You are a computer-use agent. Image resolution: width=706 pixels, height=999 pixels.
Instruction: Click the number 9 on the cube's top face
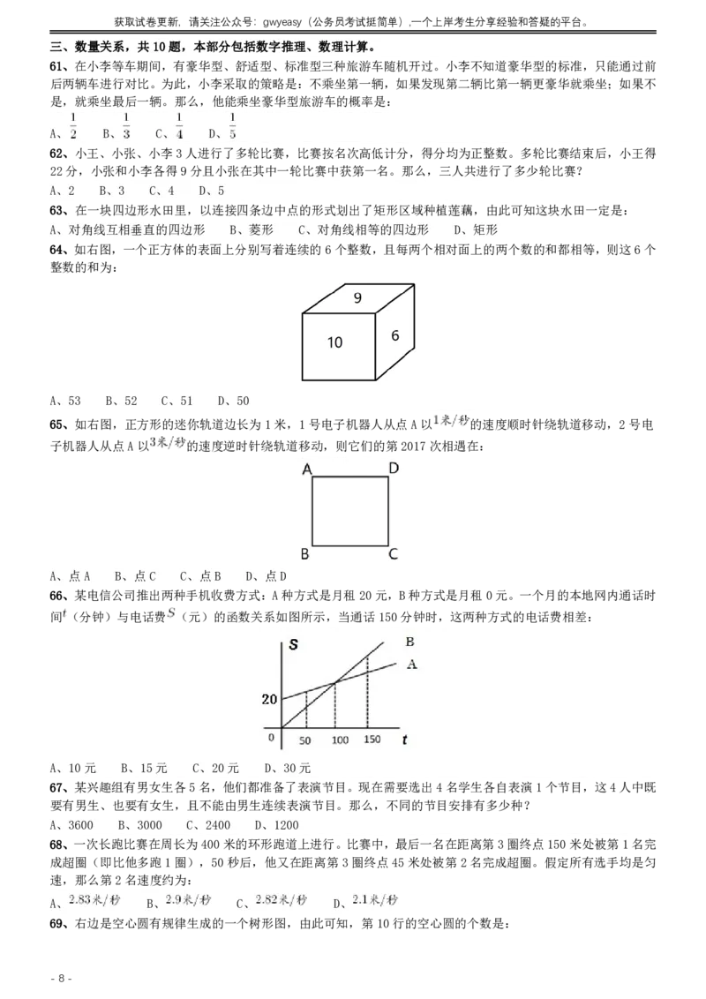pyautogui.click(x=357, y=298)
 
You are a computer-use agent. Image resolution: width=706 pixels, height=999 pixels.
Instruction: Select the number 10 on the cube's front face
pyautogui.click(x=334, y=342)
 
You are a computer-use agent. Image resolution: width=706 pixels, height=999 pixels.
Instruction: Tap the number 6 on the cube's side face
pyautogui.click(x=395, y=335)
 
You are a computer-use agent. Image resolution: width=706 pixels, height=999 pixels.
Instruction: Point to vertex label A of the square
pyautogui.click(x=307, y=469)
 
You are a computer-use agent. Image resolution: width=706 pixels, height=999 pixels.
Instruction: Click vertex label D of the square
pyautogui.click(x=394, y=468)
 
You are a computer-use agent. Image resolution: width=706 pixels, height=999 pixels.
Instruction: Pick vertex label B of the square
pyautogui.click(x=305, y=554)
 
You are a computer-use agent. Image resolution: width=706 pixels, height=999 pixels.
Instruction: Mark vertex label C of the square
pyautogui.click(x=394, y=554)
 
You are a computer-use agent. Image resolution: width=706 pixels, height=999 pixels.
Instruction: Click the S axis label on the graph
pyautogui.click(x=293, y=644)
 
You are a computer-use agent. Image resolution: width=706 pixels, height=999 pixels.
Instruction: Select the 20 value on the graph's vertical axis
pyautogui.click(x=268, y=700)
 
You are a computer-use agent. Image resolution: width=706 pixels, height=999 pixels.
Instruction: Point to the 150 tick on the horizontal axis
pyautogui.click(x=372, y=740)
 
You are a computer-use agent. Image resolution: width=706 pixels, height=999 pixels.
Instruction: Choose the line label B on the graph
pyautogui.click(x=409, y=642)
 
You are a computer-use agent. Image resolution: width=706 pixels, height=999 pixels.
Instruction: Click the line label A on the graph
pyautogui.click(x=411, y=665)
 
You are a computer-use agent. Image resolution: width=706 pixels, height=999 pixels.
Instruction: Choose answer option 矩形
pyautogui.click(x=480, y=229)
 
